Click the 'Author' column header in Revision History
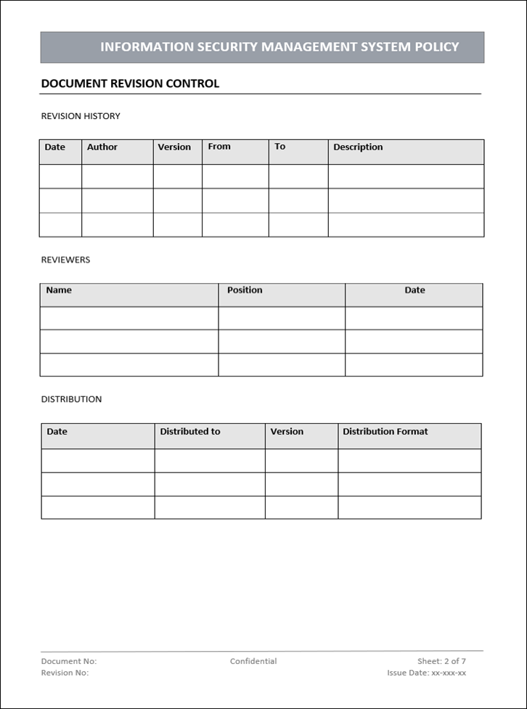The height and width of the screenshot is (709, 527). point(102,147)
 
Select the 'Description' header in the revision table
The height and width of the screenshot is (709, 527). point(358,147)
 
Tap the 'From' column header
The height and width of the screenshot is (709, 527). point(219,147)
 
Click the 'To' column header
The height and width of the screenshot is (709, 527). point(280,147)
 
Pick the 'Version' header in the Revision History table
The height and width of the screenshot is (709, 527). point(174,147)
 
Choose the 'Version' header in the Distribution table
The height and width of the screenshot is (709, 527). point(287,432)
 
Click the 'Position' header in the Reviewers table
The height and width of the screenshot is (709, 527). point(245,290)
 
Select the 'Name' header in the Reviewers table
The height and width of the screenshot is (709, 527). point(59,290)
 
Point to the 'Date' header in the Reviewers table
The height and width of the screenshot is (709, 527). point(414,290)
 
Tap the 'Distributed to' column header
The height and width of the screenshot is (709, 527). point(190,432)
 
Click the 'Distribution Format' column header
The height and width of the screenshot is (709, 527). point(385,432)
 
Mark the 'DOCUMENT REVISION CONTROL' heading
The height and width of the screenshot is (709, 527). point(130,83)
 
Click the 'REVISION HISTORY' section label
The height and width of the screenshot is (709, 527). point(81,116)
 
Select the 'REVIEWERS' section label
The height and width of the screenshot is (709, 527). point(65,260)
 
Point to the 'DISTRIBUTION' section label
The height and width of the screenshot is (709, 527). point(71,399)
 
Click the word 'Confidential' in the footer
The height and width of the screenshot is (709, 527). point(253,661)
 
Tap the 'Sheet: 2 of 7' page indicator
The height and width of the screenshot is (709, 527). point(441,661)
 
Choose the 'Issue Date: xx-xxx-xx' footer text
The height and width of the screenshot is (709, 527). point(426,673)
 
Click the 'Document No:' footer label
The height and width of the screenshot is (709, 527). point(68,661)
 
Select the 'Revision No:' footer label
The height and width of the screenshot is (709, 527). point(65,673)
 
